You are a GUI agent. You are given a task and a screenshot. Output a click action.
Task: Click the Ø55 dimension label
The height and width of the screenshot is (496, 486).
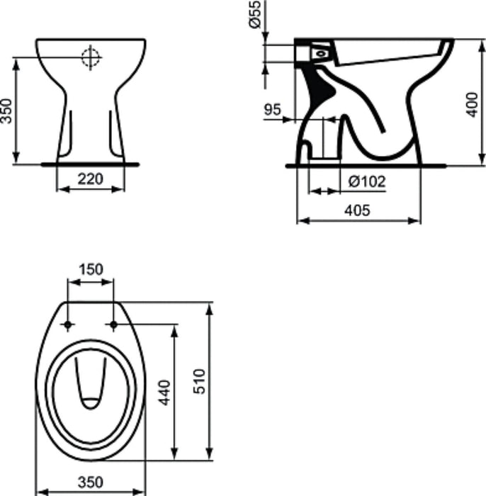255,14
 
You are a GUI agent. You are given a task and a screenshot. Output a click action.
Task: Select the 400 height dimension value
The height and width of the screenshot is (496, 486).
473,105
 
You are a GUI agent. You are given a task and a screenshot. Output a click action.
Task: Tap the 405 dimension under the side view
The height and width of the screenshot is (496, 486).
357,210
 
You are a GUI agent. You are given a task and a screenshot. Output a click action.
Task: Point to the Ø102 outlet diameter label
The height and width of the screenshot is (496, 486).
367,181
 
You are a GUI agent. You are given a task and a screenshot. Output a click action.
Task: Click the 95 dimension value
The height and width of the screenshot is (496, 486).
272,109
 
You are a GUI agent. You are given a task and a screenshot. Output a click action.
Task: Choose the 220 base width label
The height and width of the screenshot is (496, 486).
91,179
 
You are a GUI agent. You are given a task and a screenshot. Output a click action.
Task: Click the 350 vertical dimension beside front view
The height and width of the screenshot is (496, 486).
6,111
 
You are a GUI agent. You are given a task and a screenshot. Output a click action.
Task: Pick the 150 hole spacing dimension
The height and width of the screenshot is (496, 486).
91,269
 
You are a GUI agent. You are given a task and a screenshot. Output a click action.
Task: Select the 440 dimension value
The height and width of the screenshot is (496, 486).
164,393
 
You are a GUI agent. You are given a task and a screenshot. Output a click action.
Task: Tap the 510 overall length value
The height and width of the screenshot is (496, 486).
199,381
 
